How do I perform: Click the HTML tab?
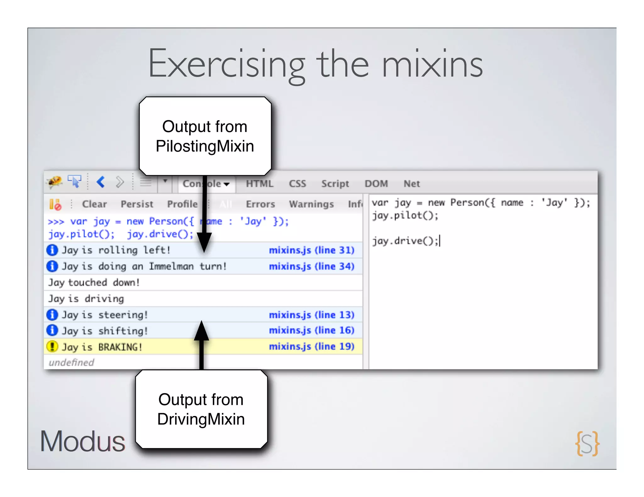point(259,184)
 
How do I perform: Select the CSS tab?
point(297,184)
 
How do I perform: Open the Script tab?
point(335,184)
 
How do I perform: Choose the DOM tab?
point(376,184)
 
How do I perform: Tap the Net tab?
point(411,184)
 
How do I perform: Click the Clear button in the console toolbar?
point(94,204)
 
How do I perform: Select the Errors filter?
point(260,204)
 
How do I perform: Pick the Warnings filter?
point(311,204)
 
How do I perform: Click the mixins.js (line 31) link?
point(311,250)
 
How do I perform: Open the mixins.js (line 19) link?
point(311,347)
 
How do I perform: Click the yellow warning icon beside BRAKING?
point(52,347)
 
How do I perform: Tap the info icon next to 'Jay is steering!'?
point(52,314)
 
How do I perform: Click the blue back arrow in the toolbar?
point(101,182)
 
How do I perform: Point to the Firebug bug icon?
point(54,182)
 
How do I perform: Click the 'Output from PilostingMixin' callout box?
point(205,136)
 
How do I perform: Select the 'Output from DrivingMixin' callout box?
point(201,409)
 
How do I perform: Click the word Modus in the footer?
point(82,441)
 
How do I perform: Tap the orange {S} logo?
point(587,443)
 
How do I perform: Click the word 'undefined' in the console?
point(71,363)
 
